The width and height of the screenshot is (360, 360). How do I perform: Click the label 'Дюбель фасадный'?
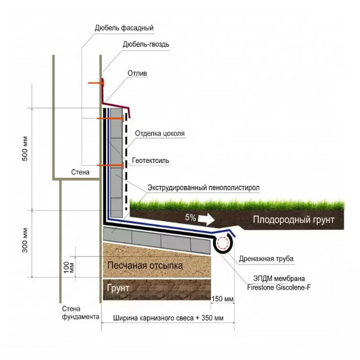pyautogui.click(x=124, y=27)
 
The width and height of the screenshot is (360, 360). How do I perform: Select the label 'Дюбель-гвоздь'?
pyautogui.click(x=146, y=44)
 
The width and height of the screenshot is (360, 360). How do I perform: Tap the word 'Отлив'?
pyautogui.click(x=137, y=74)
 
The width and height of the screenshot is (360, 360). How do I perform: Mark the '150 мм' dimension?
pyautogui.click(x=223, y=298)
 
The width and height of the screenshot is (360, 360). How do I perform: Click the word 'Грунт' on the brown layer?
pyautogui.click(x=118, y=289)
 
